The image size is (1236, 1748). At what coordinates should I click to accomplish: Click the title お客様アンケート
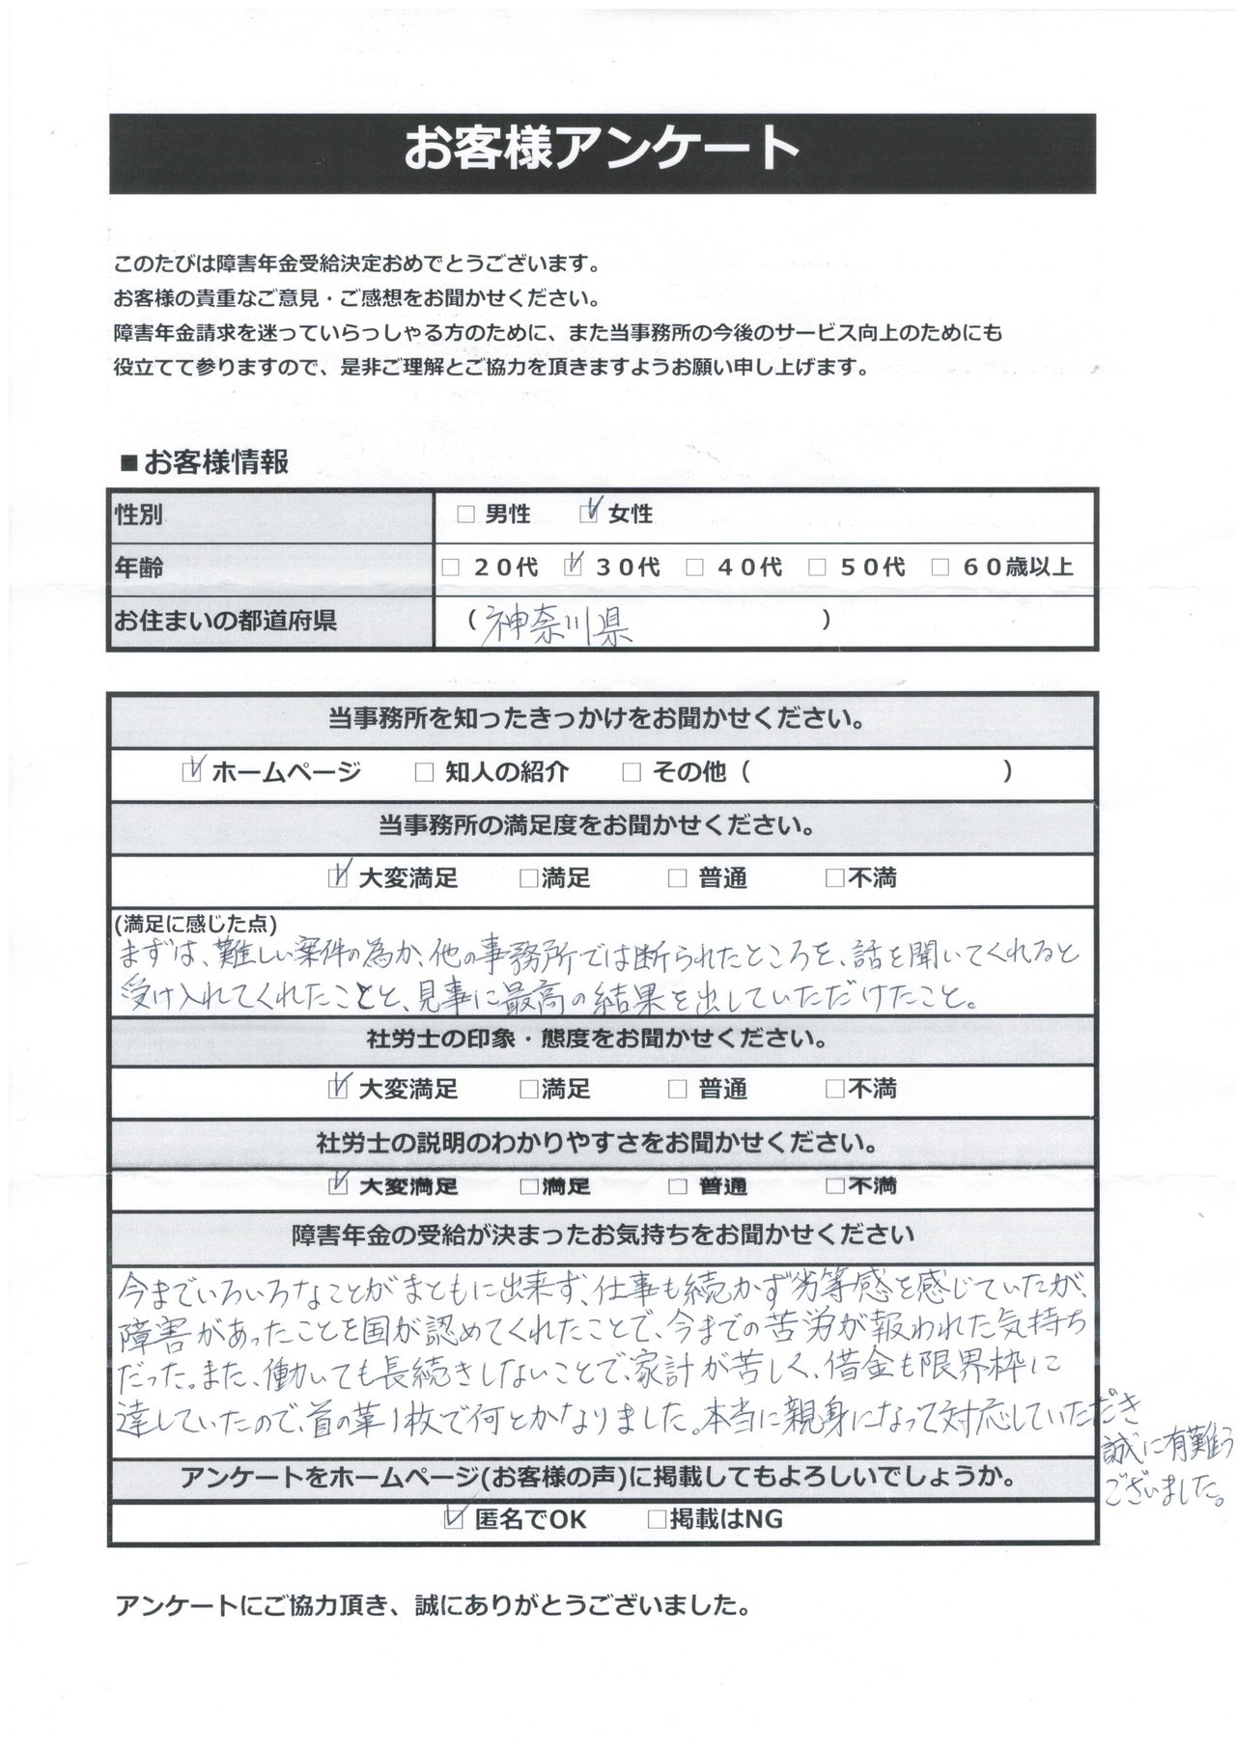pos(602,151)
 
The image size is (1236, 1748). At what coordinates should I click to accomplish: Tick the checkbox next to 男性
pos(466,514)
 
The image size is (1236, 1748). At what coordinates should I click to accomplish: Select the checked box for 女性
pos(589,514)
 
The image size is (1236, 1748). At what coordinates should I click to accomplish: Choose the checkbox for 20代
pos(450,568)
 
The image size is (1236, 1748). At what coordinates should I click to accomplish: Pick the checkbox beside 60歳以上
pos(940,568)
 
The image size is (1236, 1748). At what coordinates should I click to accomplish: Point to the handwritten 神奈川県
pos(556,626)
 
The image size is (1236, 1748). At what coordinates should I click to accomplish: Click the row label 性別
pos(139,514)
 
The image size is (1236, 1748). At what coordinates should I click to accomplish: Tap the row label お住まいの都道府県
pos(226,621)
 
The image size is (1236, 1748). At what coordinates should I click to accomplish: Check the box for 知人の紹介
pos(423,772)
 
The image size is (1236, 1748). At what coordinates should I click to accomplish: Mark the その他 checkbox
pos(632,772)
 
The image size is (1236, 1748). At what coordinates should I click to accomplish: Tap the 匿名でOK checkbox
pos(454,1519)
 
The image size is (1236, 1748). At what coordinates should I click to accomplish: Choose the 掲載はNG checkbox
pos(657,1519)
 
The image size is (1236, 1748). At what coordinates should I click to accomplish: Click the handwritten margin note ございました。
pos(1166,1493)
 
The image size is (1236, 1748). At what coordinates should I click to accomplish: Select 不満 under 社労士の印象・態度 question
pos(835,1090)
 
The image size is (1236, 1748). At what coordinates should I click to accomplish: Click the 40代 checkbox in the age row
pos(695,568)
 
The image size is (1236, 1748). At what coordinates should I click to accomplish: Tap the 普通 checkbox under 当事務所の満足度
pos(678,878)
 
